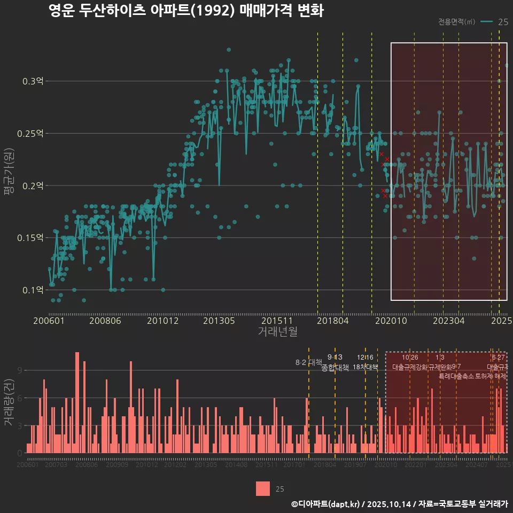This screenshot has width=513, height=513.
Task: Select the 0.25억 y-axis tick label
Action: [31, 134]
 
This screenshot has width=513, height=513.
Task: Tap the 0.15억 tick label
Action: [31, 238]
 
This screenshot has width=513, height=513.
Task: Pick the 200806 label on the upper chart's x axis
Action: [105, 321]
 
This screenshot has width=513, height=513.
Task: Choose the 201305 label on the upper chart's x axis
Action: [219, 321]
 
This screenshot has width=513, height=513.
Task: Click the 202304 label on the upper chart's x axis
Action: [448, 321]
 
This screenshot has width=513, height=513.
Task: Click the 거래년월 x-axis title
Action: [277, 332]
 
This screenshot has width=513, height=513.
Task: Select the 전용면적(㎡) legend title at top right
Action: [456, 22]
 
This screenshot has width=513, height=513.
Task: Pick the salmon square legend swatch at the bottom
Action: [263, 488]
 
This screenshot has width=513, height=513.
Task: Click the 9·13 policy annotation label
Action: [335, 357]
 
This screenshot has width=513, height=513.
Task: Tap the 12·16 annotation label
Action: [365, 357]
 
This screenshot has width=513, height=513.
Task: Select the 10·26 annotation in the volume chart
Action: [410, 357]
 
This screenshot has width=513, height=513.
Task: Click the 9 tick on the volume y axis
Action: [20, 370]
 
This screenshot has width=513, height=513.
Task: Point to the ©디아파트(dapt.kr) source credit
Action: [326, 504]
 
